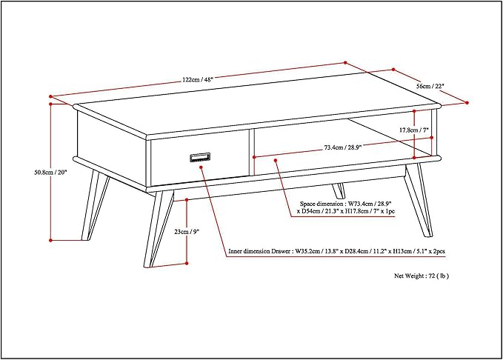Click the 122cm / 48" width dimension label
[198, 79]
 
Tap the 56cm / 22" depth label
[430, 86]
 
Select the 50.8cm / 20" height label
[50, 172]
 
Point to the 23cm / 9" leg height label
[187, 231]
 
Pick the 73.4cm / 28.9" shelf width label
[343, 147]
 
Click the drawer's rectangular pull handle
[200, 157]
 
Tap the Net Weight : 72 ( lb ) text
[422, 276]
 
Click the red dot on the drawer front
[201, 167]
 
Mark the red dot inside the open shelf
[276, 160]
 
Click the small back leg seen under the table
[339, 191]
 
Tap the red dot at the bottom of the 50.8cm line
[50, 240]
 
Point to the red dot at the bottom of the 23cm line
[187, 263]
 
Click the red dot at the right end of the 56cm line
[467, 103]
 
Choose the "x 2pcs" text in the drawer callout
[437, 251]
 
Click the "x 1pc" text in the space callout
[388, 211]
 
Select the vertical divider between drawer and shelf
[252, 152]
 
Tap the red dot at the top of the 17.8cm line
[414, 111]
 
